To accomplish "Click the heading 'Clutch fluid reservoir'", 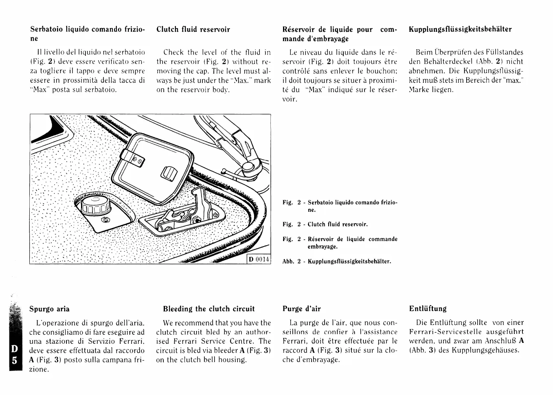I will pos(193,29).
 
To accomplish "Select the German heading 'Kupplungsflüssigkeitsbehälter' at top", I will pos(460,29).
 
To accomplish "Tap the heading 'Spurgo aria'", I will pos(49,309).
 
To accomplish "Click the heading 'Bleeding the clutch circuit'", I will pos(208,309).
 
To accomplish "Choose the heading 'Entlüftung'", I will pos(428,309).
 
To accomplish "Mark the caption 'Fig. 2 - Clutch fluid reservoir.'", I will pos(325,224).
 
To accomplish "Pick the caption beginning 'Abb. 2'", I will pos(336,261).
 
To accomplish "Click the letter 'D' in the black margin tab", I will pos(14,350).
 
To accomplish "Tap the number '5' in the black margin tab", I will pos(14,361).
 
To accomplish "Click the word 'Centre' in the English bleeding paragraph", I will pos(239,341).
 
